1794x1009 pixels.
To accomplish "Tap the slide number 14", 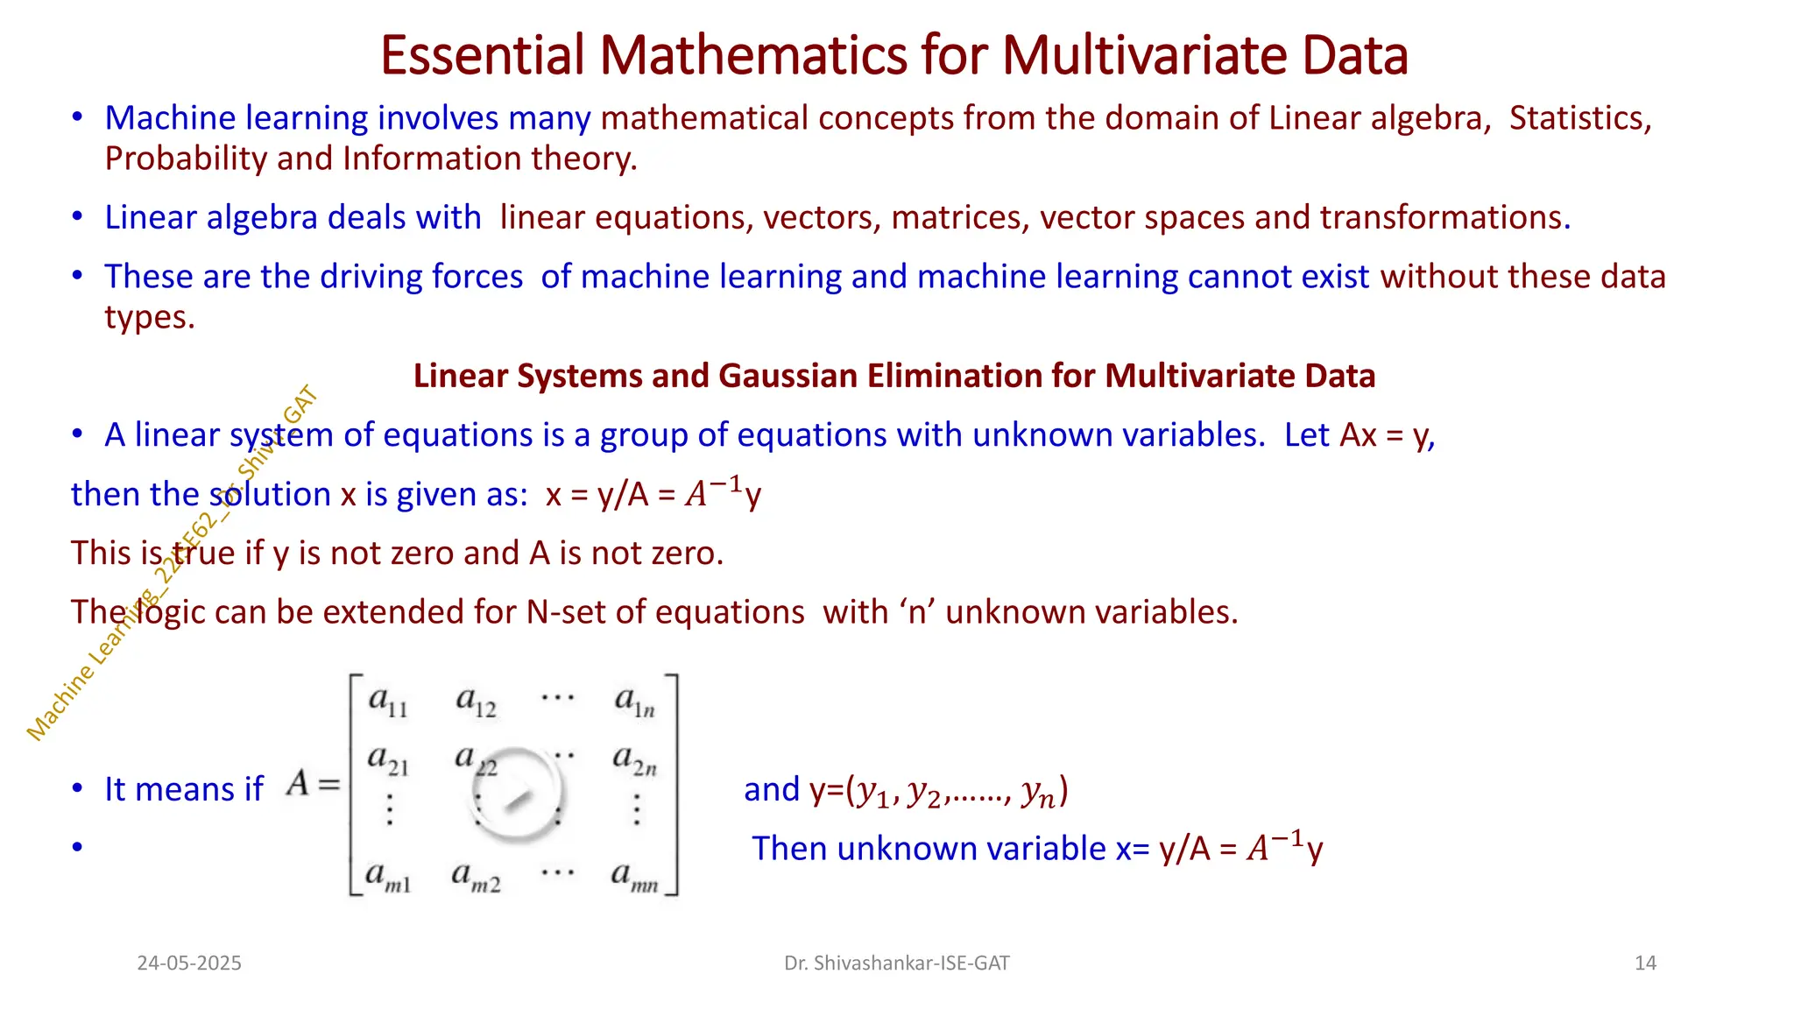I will pyautogui.click(x=1645, y=963).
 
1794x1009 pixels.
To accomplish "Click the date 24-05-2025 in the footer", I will pyautogui.click(x=189, y=963).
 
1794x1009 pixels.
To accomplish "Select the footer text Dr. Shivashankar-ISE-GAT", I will pyautogui.click(x=896, y=963).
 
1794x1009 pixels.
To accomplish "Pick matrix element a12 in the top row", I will pyautogui.click(x=476, y=702).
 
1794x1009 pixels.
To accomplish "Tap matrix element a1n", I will pyautogui.click(x=634, y=702).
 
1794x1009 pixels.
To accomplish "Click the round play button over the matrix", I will pyautogui.click(x=517, y=794).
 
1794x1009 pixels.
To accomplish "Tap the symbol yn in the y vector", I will pyautogui.click(x=1038, y=793).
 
